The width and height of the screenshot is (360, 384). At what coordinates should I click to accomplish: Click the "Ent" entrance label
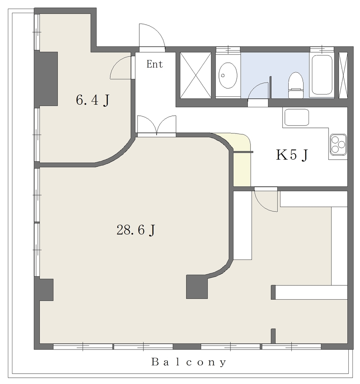pos(155,64)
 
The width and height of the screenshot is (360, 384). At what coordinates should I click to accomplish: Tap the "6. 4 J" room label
pos(92,100)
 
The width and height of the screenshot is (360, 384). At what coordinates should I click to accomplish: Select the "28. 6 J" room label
pos(136,230)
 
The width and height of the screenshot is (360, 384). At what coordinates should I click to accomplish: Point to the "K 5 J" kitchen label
pos(292,155)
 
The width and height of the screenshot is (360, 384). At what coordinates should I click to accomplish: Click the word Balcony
pos(188,362)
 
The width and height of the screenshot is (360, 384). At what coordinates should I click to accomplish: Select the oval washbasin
pos(228,75)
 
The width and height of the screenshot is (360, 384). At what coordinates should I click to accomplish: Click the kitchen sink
pos(296,117)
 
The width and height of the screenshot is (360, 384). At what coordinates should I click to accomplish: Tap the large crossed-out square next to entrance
pos(196,75)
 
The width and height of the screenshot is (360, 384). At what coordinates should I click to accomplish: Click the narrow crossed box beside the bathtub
pos(343,75)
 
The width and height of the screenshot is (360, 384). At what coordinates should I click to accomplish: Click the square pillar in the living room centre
pos(197,286)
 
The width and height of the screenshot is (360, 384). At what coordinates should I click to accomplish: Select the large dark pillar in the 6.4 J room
pos(46,79)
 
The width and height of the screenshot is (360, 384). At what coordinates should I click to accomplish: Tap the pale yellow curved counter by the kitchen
pos(241,157)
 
